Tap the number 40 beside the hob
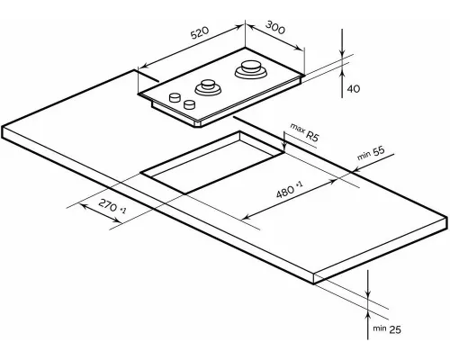(354, 89)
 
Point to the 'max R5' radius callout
(304, 135)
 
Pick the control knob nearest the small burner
(189, 103)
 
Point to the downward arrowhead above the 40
(342, 56)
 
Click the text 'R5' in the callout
(312, 138)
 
